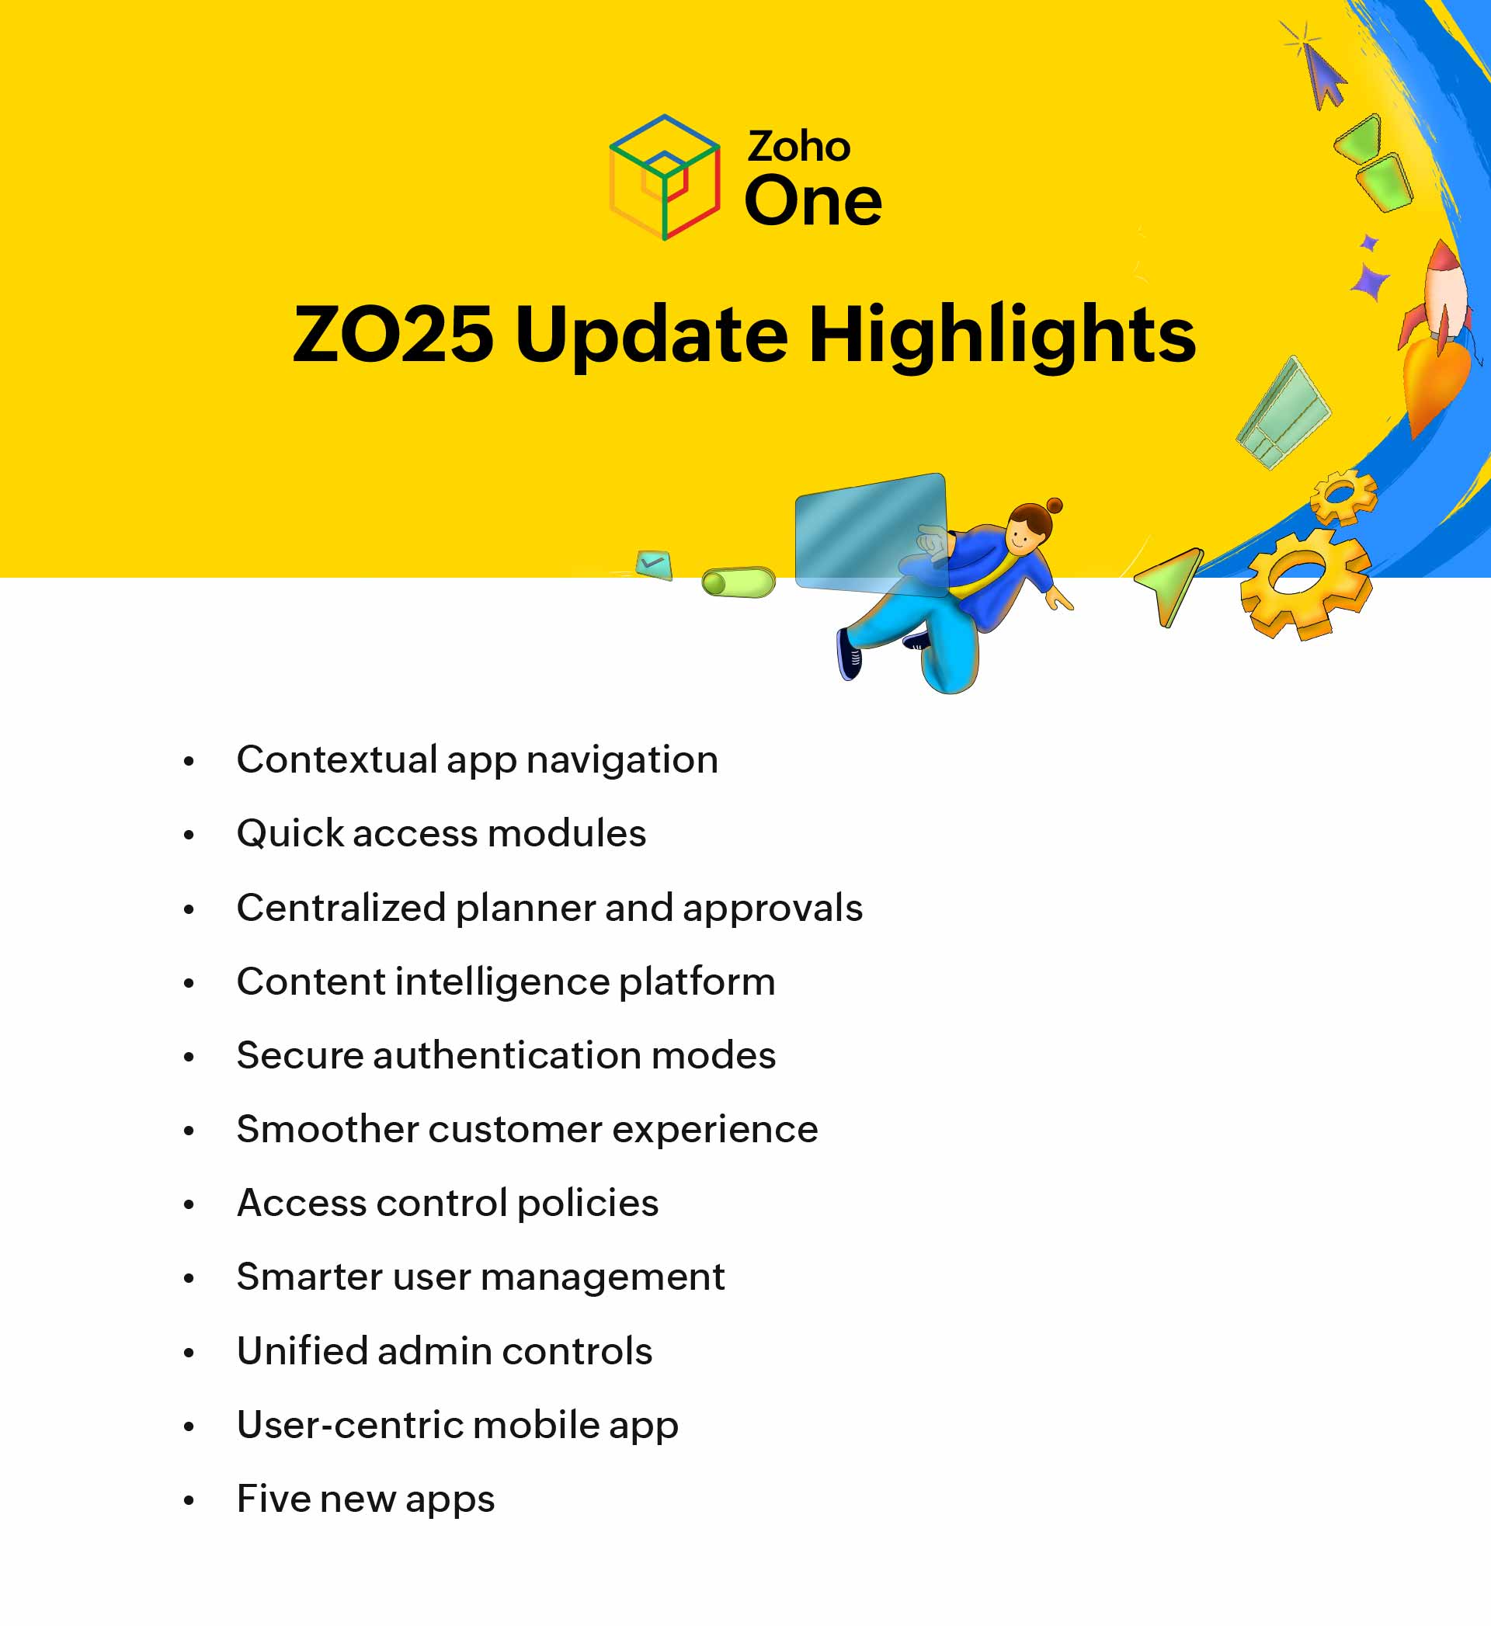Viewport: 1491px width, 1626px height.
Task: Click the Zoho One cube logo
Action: pyautogui.click(x=664, y=178)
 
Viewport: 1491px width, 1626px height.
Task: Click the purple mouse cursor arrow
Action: pyautogui.click(x=1324, y=77)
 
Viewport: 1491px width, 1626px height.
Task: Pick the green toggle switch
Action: pyautogui.click(x=739, y=582)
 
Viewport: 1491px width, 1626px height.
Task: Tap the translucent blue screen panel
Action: pyautogui.click(x=870, y=533)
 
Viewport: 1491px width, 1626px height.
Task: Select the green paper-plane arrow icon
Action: pyautogui.click(x=1172, y=582)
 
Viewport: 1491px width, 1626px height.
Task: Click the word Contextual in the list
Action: pyautogui.click(x=336, y=759)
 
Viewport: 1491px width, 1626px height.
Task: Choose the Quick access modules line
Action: pyautogui.click(x=440, y=833)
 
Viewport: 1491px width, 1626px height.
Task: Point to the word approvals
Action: pyautogui.click(x=772, y=909)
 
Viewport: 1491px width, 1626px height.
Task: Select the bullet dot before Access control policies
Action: pyautogui.click(x=189, y=1205)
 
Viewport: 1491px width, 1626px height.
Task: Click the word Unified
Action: pyautogui.click(x=302, y=1352)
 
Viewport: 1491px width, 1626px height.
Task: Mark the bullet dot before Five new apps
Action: pyautogui.click(x=189, y=1501)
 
